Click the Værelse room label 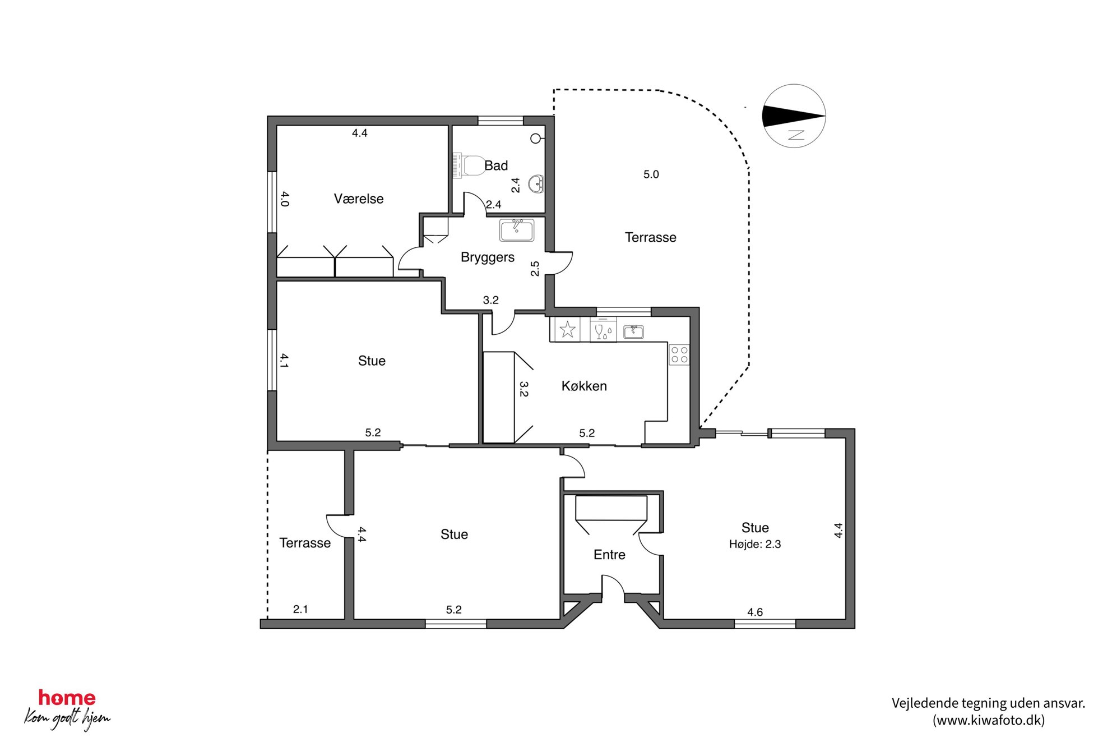pyautogui.click(x=359, y=199)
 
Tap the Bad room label pyautogui.click(x=496, y=165)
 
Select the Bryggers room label pyautogui.click(x=488, y=257)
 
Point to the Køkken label pyautogui.click(x=584, y=386)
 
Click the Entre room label pyautogui.click(x=609, y=555)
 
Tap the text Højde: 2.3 pyautogui.click(x=755, y=544)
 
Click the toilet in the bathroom pyautogui.click(x=469, y=166)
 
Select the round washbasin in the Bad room pyautogui.click(x=536, y=183)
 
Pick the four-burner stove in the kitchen pyautogui.click(x=679, y=354)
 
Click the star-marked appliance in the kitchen pyautogui.click(x=568, y=329)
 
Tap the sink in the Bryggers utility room pyautogui.click(x=517, y=230)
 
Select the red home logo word pyautogui.click(x=67, y=698)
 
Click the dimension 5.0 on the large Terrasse pyautogui.click(x=651, y=174)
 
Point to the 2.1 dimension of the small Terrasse pyautogui.click(x=300, y=609)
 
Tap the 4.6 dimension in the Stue pyautogui.click(x=755, y=612)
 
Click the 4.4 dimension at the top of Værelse pyautogui.click(x=359, y=133)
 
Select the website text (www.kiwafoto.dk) pyautogui.click(x=989, y=720)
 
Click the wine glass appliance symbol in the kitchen pyautogui.click(x=603, y=330)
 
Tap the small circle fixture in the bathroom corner pyautogui.click(x=536, y=138)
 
